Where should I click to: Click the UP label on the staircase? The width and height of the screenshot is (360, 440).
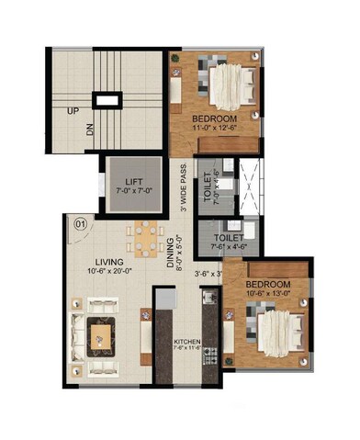tap(71, 111)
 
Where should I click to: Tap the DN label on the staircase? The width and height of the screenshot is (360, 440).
tap(91, 130)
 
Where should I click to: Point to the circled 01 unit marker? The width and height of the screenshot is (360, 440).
tap(80, 222)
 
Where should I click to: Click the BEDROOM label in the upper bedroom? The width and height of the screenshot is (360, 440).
tap(213, 120)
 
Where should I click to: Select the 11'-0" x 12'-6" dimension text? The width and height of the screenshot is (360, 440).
tap(213, 130)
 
